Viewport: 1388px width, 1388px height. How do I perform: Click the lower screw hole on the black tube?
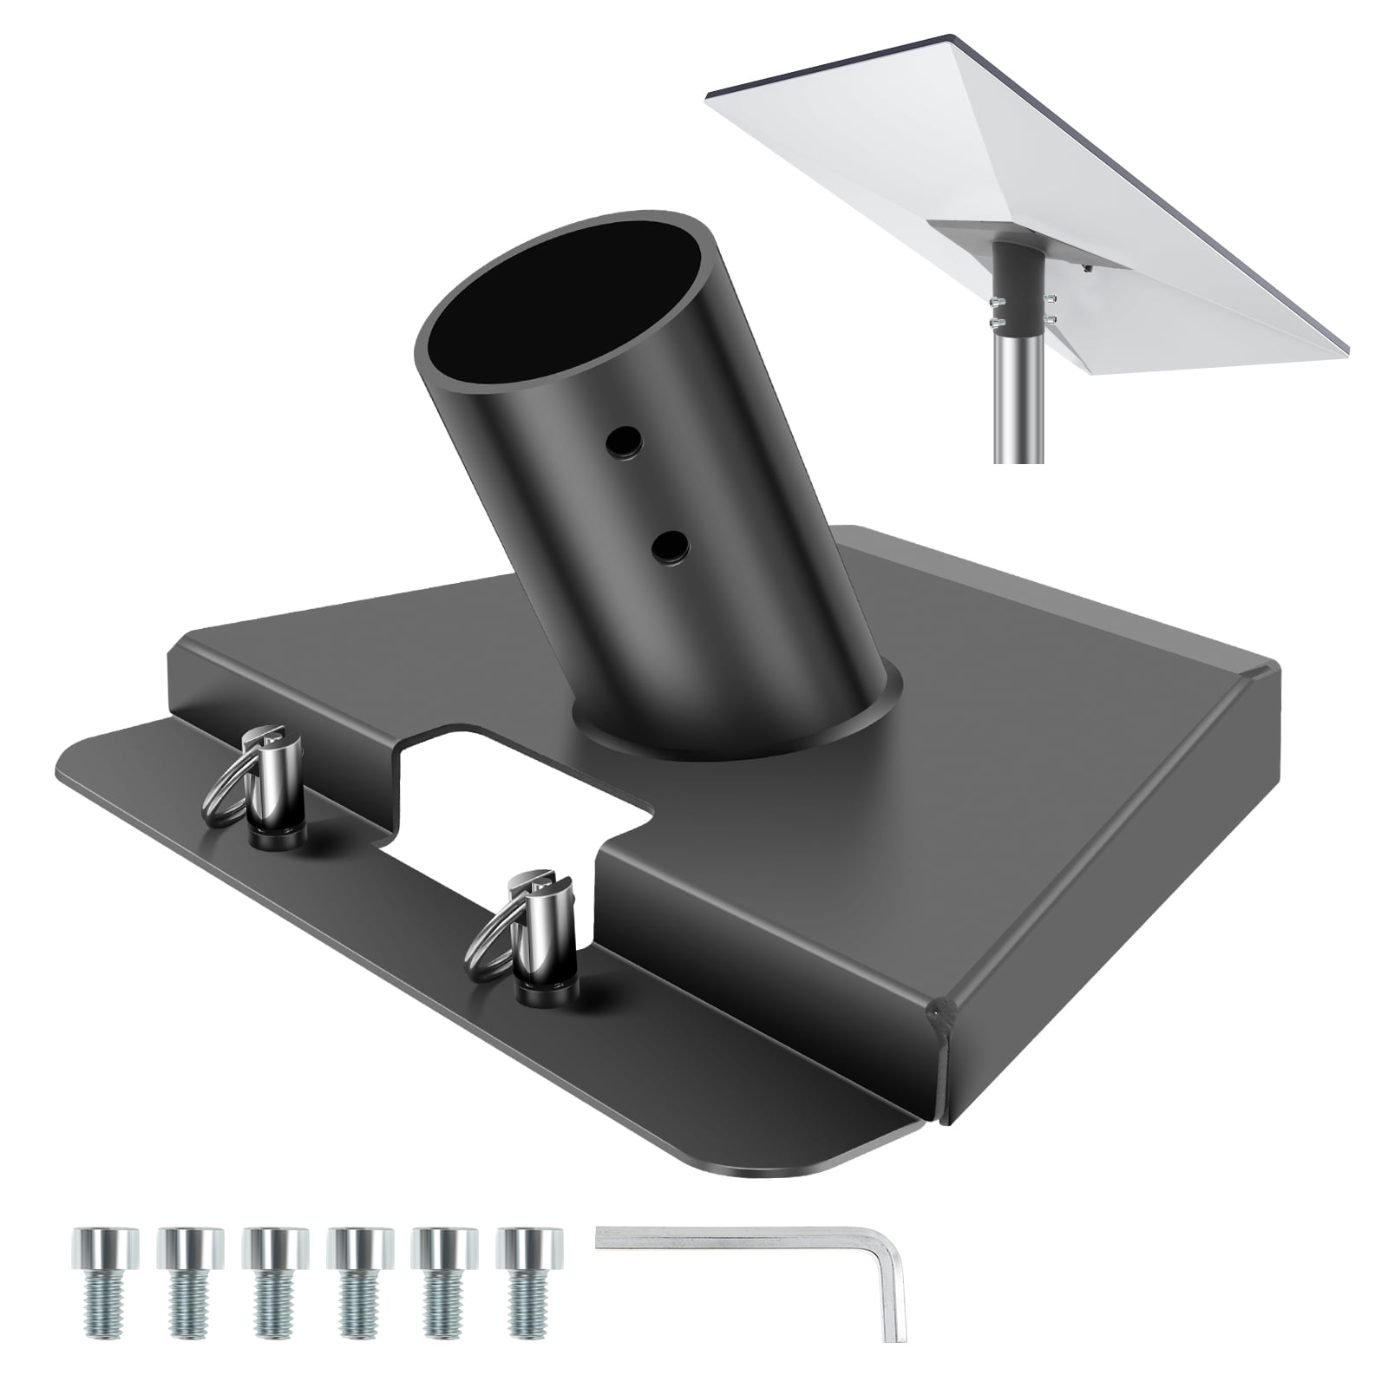(x=669, y=547)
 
